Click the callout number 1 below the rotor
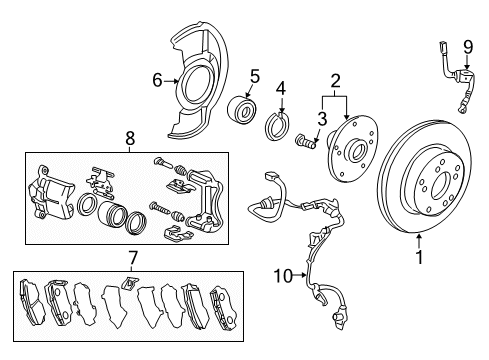pyautogui.click(x=419, y=257)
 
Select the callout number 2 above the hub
pyautogui.click(x=335, y=81)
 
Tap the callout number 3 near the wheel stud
pyautogui.click(x=322, y=119)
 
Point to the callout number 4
pyautogui.click(x=281, y=89)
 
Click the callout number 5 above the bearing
pyautogui.click(x=255, y=76)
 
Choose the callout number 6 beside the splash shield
pyautogui.click(x=157, y=80)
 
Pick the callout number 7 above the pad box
pyautogui.click(x=132, y=258)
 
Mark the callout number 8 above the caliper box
pyautogui.click(x=130, y=138)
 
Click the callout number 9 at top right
pyautogui.click(x=468, y=47)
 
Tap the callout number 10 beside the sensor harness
pyautogui.click(x=283, y=276)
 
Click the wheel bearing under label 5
pyautogui.click(x=241, y=108)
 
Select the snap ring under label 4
pyautogui.click(x=277, y=126)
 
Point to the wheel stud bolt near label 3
pyautogui.click(x=306, y=141)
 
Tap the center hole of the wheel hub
pyautogui.click(x=356, y=151)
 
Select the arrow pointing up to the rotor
pyautogui.click(x=419, y=242)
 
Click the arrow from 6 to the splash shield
pyautogui.click(x=171, y=81)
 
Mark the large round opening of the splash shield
pyautogui.click(x=197, y=85)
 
